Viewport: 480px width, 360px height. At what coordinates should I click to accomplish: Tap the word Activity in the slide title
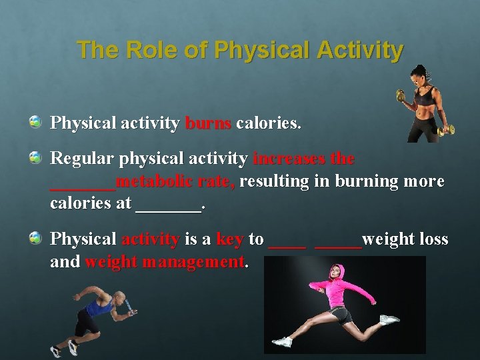pos(362,50)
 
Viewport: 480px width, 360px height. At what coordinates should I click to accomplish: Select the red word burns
pos(208,123)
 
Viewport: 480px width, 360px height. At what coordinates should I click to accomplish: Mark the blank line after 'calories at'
pos(167,208)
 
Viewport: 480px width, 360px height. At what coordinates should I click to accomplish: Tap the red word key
pos(230,239)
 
